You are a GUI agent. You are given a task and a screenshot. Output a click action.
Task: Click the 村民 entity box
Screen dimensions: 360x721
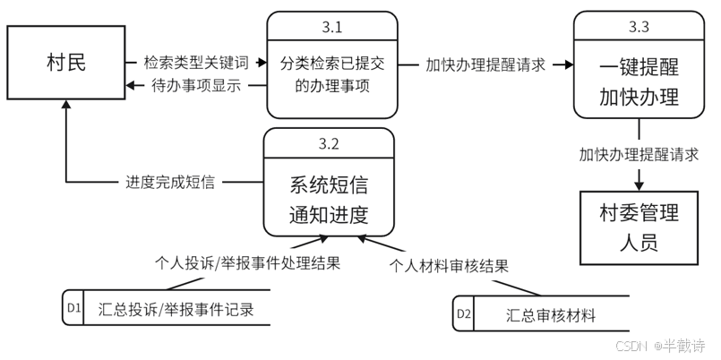[66, 63]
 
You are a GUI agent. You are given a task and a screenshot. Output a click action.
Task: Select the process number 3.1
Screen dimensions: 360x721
[331, 26]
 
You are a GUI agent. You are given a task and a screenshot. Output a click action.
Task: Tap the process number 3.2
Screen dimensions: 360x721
[328, 144]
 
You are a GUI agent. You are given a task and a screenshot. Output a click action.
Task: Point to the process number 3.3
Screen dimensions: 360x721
[639, 27]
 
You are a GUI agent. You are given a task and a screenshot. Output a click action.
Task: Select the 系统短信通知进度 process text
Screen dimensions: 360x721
[328, 201]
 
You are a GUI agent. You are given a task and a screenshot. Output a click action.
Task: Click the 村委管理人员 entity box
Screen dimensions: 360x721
[639, 227]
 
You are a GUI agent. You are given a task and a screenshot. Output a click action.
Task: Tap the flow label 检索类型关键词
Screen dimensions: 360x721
[198, 64]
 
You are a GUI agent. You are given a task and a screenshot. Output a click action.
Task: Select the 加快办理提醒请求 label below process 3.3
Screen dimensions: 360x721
[639, 153]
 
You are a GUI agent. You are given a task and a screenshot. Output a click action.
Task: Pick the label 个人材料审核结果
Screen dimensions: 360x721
[450, 266]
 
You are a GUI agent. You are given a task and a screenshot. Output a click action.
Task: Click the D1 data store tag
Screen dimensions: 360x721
[73, 310]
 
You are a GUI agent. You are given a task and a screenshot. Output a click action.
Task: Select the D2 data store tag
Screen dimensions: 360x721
[464, 314]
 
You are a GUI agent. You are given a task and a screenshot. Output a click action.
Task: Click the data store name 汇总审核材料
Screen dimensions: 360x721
[551, 315]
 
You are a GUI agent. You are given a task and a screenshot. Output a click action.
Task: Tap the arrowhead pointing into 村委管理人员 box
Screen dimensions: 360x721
[639, 185]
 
